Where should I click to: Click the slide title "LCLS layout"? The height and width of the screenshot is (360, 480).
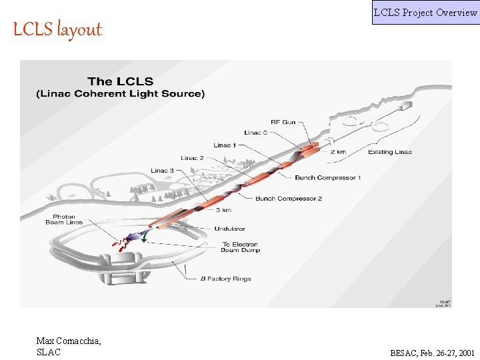[x=57, y=29]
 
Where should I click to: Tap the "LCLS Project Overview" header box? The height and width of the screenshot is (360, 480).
[x=425, y=12]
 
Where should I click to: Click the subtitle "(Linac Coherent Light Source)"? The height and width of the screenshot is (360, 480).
[x=120, y=93]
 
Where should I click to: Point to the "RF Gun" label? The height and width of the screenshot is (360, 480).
[x=283, y=122]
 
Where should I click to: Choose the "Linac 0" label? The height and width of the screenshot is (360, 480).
[x=257, y=133]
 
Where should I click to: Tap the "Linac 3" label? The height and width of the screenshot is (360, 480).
[x=163, y=171]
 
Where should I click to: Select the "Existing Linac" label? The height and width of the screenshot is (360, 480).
[x=390, y=152]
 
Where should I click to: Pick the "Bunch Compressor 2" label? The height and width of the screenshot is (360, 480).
[x=289, y=199]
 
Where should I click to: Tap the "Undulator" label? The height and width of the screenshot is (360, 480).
[x=229, y=229]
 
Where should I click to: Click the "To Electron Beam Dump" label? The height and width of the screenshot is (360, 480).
[x=240, y=247]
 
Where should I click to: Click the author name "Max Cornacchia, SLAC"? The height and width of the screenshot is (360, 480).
[x=69, y=347]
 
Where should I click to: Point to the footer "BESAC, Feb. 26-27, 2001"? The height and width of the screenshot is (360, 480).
[x=433, y=353]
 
